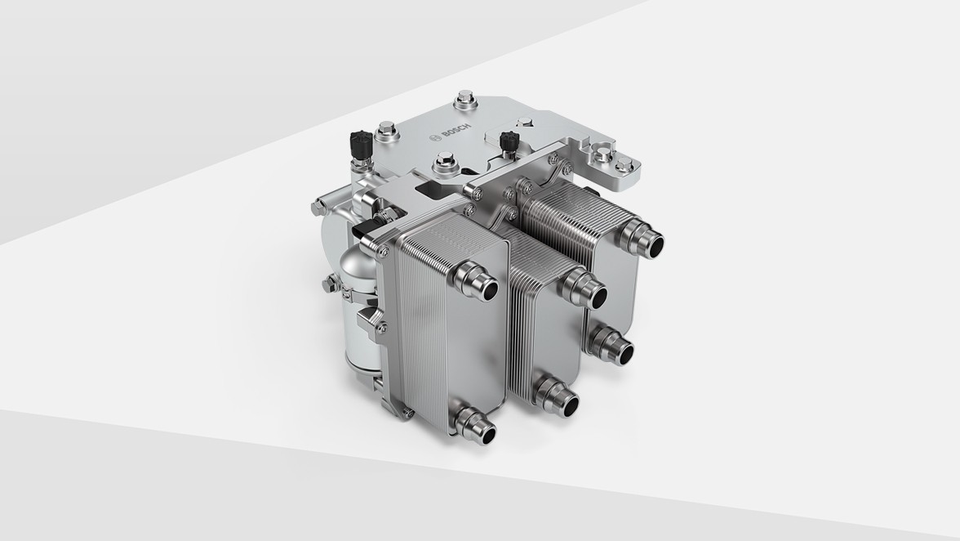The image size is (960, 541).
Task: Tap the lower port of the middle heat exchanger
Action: pyautogui.click(x=559, y=396)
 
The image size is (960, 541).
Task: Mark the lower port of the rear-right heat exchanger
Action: pyautogui.click(x=614, y=346)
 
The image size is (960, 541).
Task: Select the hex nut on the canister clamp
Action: pyautogui.click(x=329, y=283)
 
